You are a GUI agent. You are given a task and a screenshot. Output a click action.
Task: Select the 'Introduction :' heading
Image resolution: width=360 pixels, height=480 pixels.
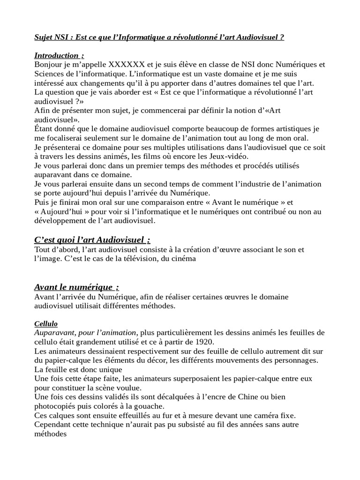click(59, 55)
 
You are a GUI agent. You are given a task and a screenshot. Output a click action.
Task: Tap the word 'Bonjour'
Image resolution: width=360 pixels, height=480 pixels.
click(49, 64)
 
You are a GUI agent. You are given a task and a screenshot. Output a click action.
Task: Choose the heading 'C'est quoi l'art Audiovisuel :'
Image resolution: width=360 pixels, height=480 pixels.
click(92, 240)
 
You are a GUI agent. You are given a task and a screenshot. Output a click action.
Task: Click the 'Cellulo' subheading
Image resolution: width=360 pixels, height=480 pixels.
click(46, 324)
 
